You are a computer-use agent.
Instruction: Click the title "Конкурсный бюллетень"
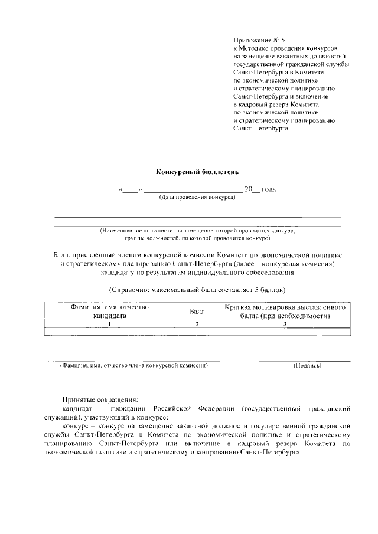(x=197, y=172)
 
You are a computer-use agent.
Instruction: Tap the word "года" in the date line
(x=269, y=189)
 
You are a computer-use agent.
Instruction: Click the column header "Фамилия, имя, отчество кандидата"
(x=109, y=311)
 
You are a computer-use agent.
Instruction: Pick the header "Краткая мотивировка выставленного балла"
(x=285, y=311)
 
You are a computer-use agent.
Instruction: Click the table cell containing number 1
(x=109, y=324)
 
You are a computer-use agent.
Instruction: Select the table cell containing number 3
(x=285, y=324)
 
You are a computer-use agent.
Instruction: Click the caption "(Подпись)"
(x=307, y=366)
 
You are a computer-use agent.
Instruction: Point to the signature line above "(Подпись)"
(x=304, y=360)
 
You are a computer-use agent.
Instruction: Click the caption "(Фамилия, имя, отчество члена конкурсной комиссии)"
(x=133, y=366)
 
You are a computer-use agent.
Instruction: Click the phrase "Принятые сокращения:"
(x=100, y=399)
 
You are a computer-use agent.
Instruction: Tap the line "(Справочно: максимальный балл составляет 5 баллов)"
(x=197, y=290)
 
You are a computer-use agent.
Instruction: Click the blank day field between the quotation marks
(x=130, y=189)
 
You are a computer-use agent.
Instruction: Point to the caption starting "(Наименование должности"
(x=197, y=231)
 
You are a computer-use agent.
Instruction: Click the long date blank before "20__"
(x=193, y=189)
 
